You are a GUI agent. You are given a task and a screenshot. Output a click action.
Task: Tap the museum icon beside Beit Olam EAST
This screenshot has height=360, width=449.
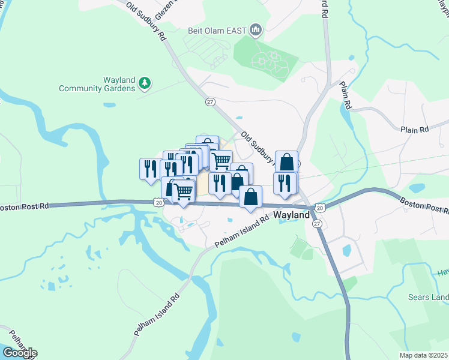[256, 29]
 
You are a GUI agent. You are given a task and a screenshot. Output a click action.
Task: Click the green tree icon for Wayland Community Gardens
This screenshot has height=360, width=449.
[144, 82]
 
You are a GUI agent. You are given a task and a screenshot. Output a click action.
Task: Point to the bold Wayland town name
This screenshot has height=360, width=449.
[292, 214]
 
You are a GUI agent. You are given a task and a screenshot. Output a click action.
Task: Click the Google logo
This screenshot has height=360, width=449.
[19, 353]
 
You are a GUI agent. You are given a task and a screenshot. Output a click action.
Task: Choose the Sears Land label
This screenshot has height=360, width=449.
[430, 298]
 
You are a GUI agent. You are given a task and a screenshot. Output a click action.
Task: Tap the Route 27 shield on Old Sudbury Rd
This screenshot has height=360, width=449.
[210, 102]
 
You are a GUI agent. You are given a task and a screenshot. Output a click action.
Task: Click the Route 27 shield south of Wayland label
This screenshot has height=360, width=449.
[316, 223]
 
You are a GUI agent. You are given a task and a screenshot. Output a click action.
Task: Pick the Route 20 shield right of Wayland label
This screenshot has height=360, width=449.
[320, 208]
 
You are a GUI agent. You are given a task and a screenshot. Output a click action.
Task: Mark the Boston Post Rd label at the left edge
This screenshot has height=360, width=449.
[24, 206]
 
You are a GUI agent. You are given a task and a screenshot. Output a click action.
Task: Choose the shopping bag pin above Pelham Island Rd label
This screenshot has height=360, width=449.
[250, 197]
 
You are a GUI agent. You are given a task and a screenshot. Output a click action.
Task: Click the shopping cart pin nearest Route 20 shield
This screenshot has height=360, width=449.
[184, 193]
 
